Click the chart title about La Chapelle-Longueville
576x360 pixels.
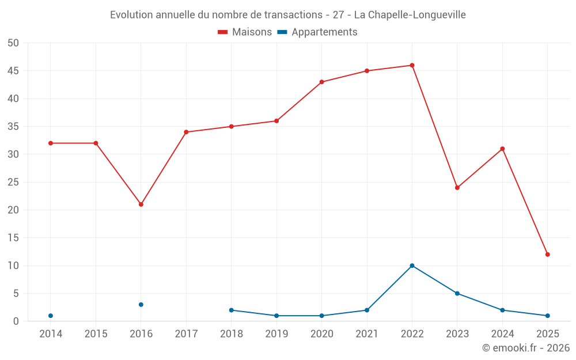(x=288, y=14)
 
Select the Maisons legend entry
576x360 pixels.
(x=245, y=32)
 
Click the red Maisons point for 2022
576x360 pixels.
(x=412, y=65)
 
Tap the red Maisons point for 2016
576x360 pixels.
(x=141, y=204)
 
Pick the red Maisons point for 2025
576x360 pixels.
(x=548, y=255)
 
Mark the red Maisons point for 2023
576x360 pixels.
(x=457, y=188)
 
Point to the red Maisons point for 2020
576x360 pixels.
(x=321, y=82)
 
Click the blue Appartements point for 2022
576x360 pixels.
(x=412, y=266)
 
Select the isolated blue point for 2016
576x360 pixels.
(x=141, y=305)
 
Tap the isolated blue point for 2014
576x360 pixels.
(x=51, y=316)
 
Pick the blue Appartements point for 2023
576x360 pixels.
(x=457, y=293)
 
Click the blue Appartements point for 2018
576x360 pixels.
(x=232, y=310)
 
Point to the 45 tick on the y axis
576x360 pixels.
(x=13, y=71)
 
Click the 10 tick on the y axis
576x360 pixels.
(x=13, y=266)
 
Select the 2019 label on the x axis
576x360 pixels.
(x=276, y=334)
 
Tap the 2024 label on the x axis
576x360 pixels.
(x=502, y=334)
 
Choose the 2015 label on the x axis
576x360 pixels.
(x=96, y=334)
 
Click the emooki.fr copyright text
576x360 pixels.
(x=526, y=348)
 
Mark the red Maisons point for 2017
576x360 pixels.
(x=186, y=132)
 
